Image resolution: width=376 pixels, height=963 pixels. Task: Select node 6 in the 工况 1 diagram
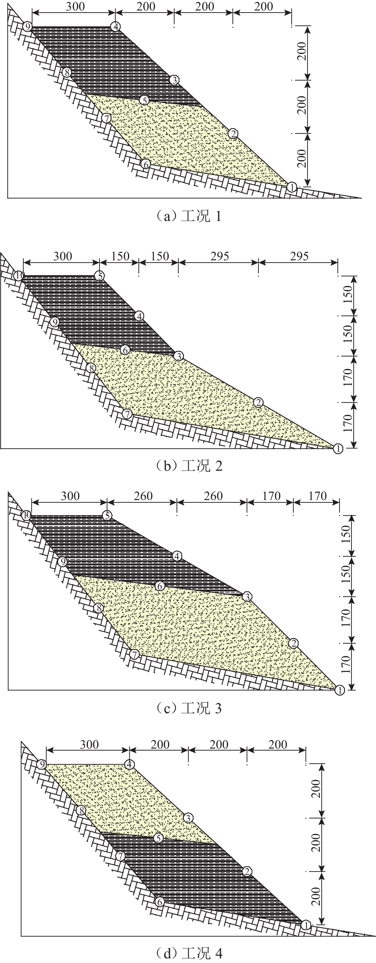point(146,164)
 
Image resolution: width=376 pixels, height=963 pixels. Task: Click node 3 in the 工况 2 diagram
point(179,356)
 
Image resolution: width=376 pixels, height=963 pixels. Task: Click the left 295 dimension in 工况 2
point(219,256)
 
